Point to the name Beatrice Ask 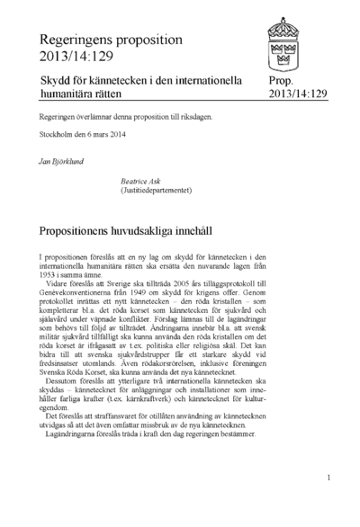145,180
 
